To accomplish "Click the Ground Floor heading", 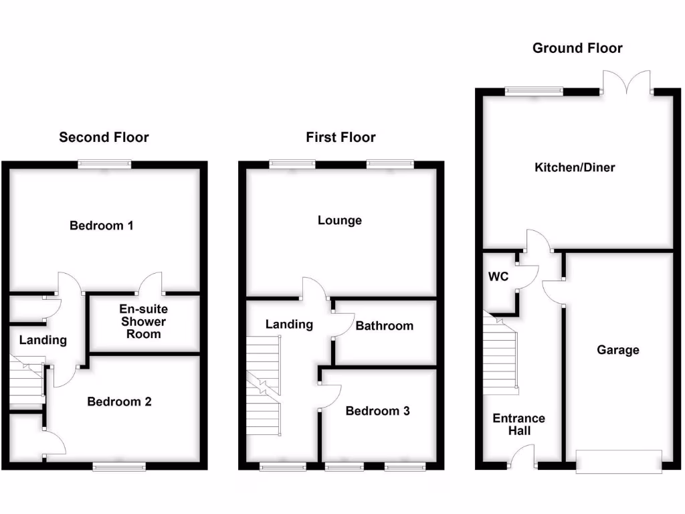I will pos(577,48).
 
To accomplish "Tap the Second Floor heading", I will pos(104,137).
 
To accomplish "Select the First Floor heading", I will pos(340,137).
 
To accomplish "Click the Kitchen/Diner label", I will pos(575,167).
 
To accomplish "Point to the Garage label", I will pos(618,350).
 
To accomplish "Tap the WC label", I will pos(498,276).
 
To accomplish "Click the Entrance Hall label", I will pos(519,424).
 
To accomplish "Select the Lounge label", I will pos(340,220).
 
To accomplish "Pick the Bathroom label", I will pos(385,326).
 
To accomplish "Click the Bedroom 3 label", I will pos(377,411).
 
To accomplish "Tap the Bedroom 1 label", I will pos(102,226).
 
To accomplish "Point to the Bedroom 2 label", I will pos(120,402).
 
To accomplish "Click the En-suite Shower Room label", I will pos(144,321).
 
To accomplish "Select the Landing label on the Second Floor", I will pos(43,340).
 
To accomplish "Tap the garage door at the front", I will pos(619,462).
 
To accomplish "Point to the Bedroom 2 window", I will pos(119,467).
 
